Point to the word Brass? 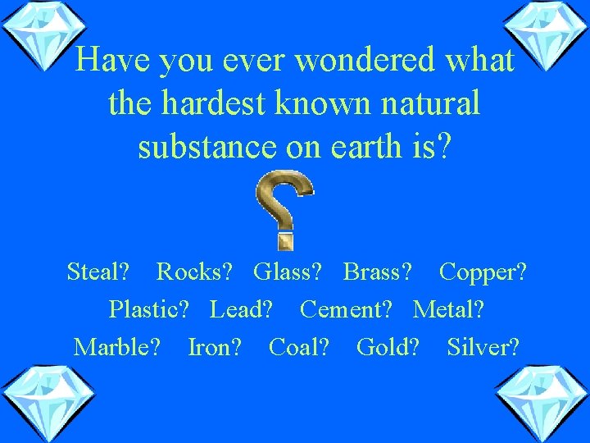click(x=379, y=272)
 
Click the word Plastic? click(x=149, y=310)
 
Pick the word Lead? click(x=242, y=309)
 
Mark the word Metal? click(x=448, y=309)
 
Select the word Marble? click(x=117, y=347)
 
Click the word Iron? click(x=215, y=347)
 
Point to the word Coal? click(x=299, y=347)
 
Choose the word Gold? click(x=388, y=347)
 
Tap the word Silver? click(x=483, y=347)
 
